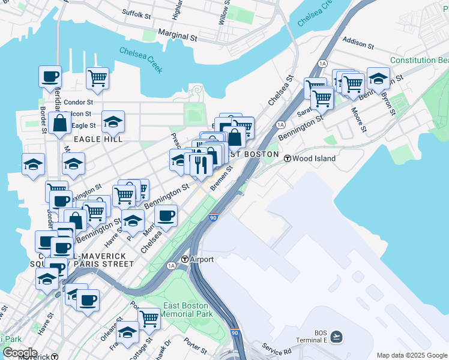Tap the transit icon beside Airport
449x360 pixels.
pyautogui.click(x=184, y=260)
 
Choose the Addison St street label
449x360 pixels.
pyautogui.click(x=358, y=44)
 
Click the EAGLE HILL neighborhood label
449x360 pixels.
pyautogui.click(x=98, y=139)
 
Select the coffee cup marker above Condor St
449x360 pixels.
pyautogui.click(x=50, y=77)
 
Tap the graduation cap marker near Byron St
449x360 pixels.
pyautogui.click(x=378, y=78)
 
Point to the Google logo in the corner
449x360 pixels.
pyautogui.click(x=19, y=353)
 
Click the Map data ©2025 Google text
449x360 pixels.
pyautogui.click(x=412, y=355)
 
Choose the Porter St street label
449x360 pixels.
pyautogui.click(x=196, y=345)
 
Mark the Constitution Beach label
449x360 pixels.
pyautogui.click(x=419, y=61)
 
